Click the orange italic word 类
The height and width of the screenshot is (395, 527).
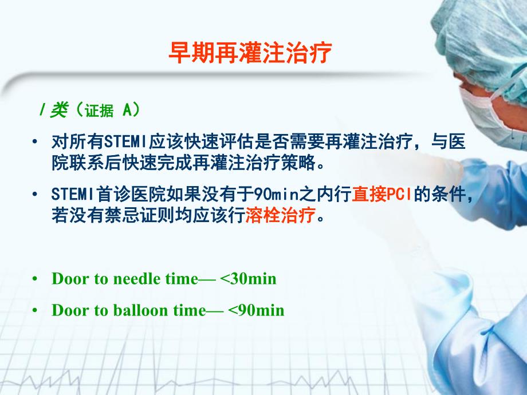[x=58, y=110]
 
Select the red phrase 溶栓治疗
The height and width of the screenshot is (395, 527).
[x=280, y=216]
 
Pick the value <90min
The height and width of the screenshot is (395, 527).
[x=256, y=310]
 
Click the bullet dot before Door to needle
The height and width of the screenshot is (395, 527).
[x=36, y=279]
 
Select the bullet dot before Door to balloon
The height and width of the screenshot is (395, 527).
[x=36, y=310]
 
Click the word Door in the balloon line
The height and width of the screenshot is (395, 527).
[x=68, y=310]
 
